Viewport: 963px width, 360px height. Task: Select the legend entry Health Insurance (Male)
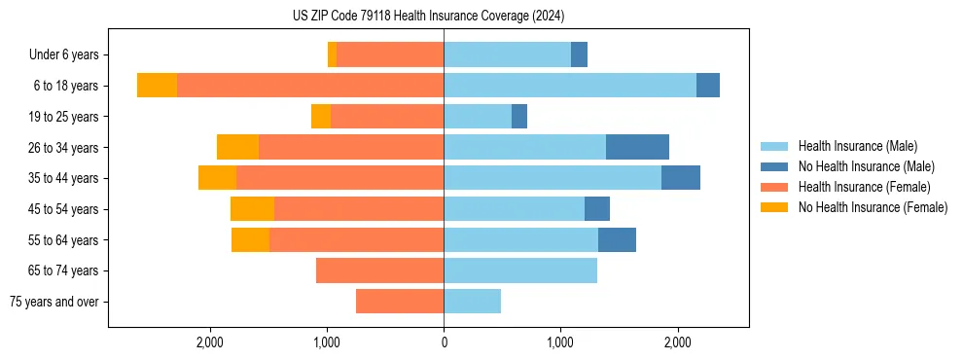pyautogui.click(x=857, y=146)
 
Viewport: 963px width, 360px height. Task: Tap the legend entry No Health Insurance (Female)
pyautogui.click(x=873, y=207)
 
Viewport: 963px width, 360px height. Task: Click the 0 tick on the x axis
pyautogui.click(x=444, y=342)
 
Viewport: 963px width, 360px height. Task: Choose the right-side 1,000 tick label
pyautogui.click(x=560, y=342)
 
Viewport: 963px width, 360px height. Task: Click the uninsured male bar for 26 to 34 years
pyautogui.click(x=637, y=147)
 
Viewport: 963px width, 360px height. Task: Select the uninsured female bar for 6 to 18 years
pyautogui.click(x=157, y=86)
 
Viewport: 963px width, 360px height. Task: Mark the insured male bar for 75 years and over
pyautogui.click(x=472, y=302)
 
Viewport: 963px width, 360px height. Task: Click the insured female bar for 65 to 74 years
pyautogui.click(x=379, y=270)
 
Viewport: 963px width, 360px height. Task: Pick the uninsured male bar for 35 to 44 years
pyautogui.click(x=681, y=178)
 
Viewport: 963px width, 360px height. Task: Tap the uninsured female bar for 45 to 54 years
pyautogui.click(x=252, y=209)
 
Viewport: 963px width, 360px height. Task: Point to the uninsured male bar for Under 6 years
pyautogui.click(x=579, y=54)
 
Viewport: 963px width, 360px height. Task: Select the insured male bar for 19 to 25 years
pyautogui.click(x=478, y=117)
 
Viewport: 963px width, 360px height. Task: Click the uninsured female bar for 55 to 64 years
pyautogui.click(x=250, y=239)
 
